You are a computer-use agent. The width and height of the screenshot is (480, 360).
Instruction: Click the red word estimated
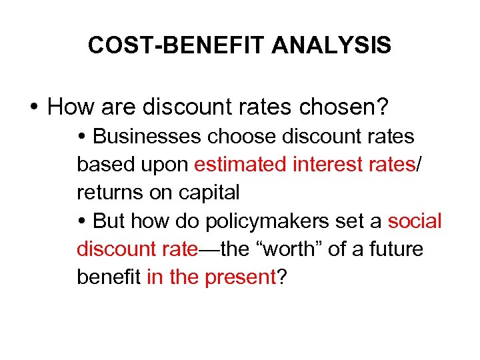click(240, 165)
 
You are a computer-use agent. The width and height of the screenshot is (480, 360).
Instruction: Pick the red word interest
click(326, 165)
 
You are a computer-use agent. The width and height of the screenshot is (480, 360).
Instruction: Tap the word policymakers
click(281, 221)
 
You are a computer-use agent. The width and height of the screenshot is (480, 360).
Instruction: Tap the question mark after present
click(282, 277)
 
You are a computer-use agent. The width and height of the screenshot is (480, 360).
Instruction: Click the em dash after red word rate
click(209, 249)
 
